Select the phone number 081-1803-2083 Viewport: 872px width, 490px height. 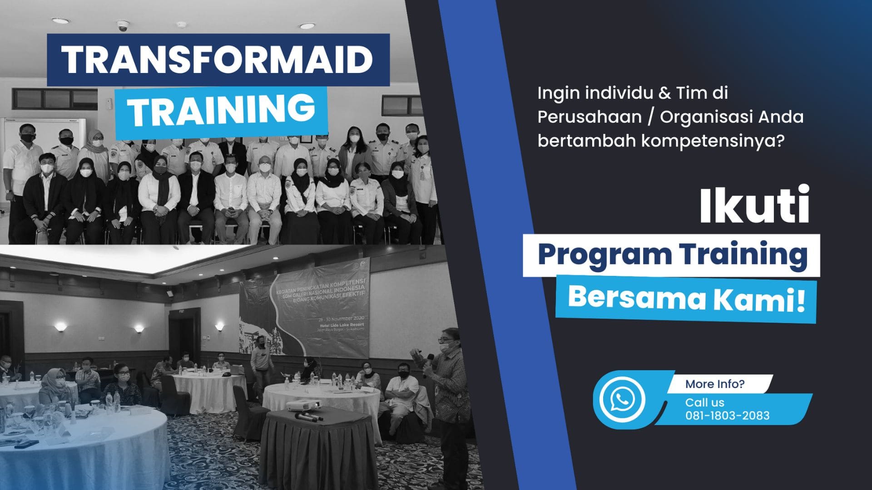coord(727,416)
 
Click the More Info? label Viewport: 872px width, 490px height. coord(714,384)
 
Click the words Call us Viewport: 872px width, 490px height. coord(704,402)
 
